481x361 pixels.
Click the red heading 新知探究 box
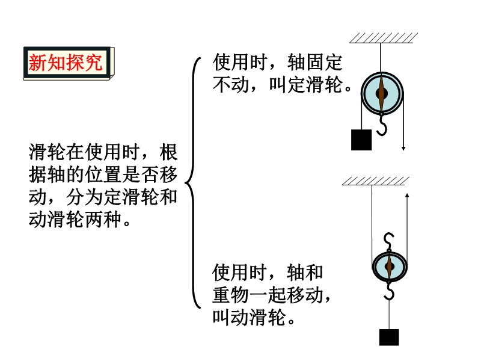(x=66, y=62)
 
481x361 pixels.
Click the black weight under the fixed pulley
(x=361, y=140)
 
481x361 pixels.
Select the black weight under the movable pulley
(x=388, y=337)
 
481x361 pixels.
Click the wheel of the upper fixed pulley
(x=382, y=94)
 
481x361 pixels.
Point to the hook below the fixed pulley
(x=382, y=126)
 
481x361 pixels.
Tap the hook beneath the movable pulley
(x=389, y=292)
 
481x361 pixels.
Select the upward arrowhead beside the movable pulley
(x=408, y=196)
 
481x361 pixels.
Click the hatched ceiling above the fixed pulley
(x=383, y=37)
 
